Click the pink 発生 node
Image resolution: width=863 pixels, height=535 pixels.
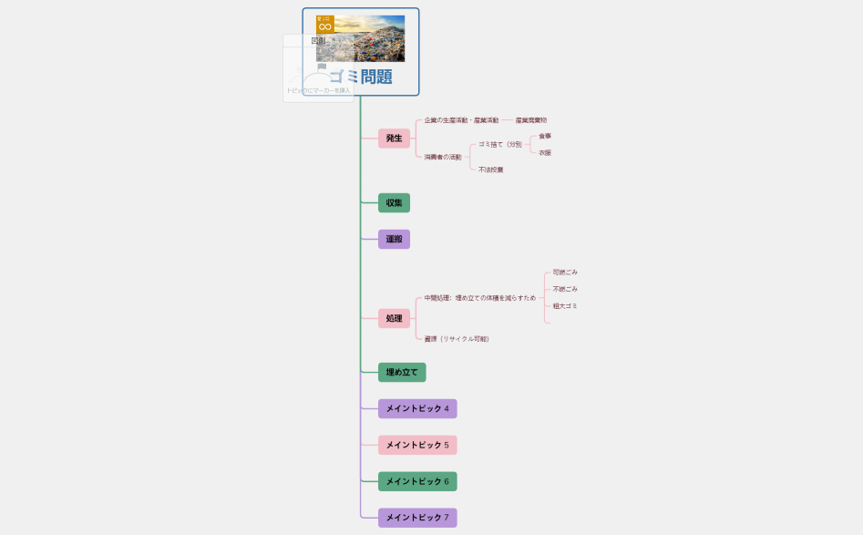tap(394, 139)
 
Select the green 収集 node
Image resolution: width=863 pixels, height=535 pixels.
tap(394, 202)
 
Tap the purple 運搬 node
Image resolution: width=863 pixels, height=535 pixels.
tap(394, 239)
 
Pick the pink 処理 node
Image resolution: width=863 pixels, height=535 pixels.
tap(394, 318)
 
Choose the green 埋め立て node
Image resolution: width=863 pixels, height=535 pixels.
tap(402, 372)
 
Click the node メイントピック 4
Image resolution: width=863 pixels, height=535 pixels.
tap(417, 408)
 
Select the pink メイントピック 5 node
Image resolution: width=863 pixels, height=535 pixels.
tap(417, 445)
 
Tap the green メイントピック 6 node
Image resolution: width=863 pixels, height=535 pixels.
tap(417, 481)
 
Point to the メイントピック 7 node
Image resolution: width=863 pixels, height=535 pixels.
tap(417, 518)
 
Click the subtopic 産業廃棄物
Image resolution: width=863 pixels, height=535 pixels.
tap(531, 120)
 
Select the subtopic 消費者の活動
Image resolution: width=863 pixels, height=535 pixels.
tap(443, 157)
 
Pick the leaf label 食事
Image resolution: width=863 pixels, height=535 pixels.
tap(545, 137)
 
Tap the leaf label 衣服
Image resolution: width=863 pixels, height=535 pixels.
tap(545, 153)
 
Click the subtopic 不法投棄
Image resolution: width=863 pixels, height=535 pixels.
tap(491, 170)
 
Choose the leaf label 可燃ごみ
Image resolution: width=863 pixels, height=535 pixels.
tap(565, 273)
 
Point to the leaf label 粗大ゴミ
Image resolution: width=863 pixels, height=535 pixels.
tap(565, 306)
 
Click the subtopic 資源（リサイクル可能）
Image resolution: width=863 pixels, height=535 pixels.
tap(457, 339)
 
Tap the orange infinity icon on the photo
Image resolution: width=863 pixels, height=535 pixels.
tap(325, 25)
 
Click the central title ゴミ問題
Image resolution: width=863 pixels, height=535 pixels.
tap(361, 77)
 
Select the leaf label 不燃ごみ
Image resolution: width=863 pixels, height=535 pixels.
tap(565, 289)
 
